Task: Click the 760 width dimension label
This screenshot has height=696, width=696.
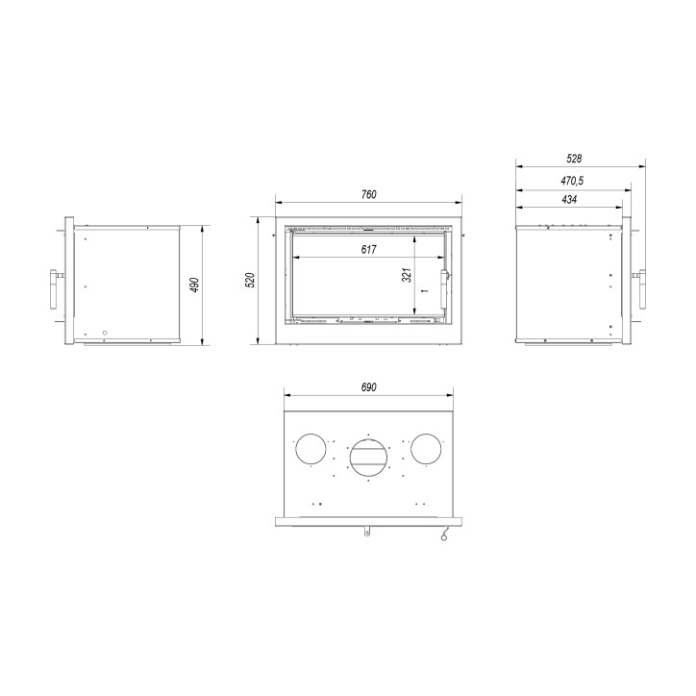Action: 369,195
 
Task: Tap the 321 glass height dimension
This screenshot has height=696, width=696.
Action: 407,275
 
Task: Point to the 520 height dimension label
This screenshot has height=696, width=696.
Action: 250,280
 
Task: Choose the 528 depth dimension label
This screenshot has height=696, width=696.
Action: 576,158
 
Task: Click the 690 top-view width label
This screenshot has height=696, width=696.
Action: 368,386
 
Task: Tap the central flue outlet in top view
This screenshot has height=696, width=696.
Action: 368,454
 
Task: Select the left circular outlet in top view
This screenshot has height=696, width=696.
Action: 310,449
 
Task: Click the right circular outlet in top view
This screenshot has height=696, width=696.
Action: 426,449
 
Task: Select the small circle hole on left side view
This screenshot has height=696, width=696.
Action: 104,335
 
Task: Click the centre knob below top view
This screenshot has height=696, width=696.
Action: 367,531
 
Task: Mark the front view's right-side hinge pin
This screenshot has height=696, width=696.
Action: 465,233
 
